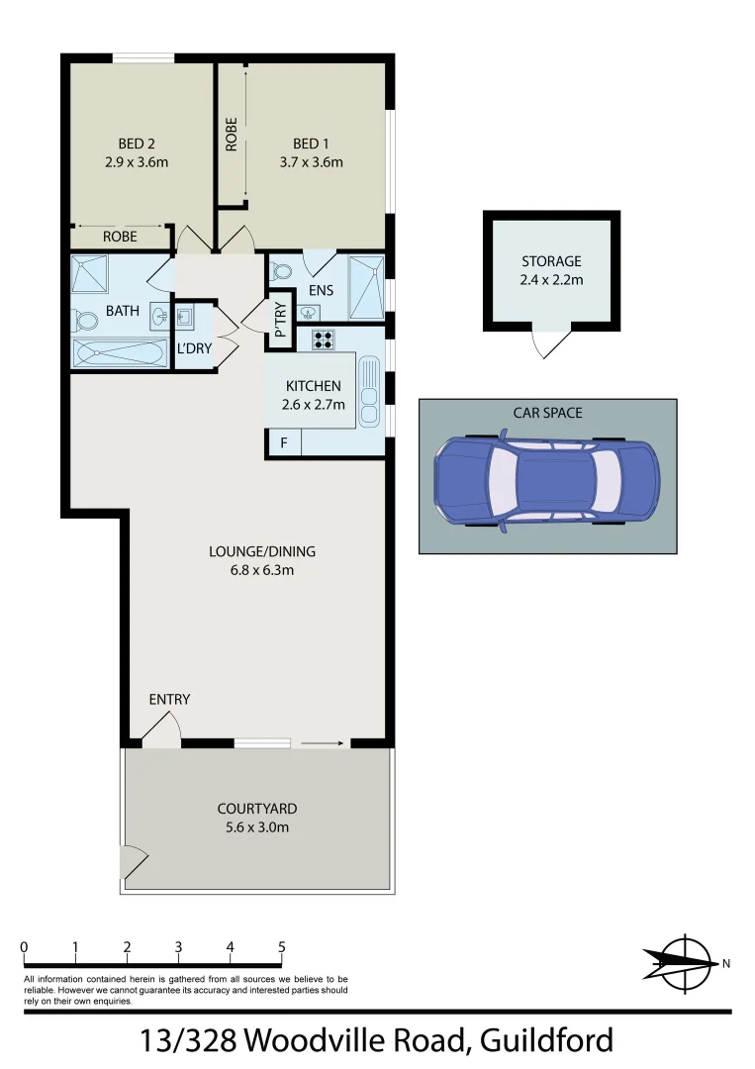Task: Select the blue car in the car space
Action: (546, 479)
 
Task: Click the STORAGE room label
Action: (551, 262)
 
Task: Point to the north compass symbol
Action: (682, 960)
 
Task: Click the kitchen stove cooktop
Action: (322, 340)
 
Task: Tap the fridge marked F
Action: (283, 442)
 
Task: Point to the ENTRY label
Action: (169, 700)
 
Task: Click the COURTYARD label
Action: (257, 809)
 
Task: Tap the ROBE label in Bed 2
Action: (121, 238)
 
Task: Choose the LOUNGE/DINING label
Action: (262, 552)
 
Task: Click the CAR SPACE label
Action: (547, 412)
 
